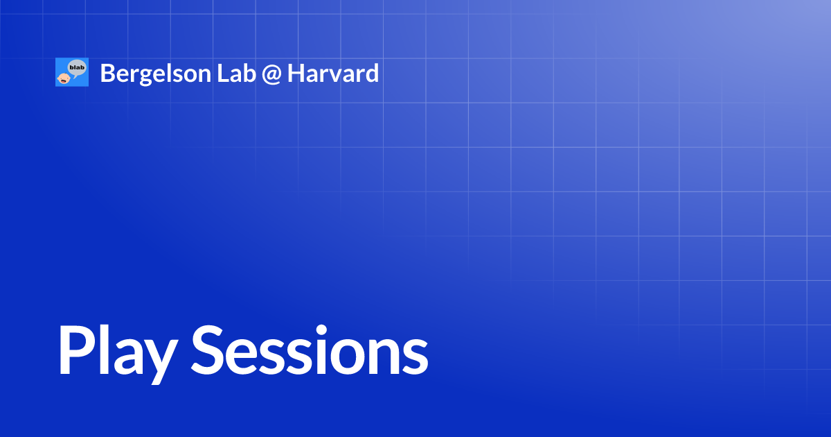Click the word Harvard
333,73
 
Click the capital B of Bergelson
107,73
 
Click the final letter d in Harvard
372,73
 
